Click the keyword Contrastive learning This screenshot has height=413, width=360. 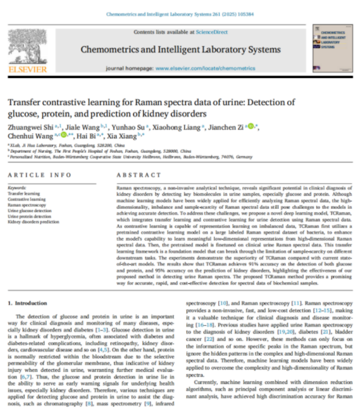coord(26,199)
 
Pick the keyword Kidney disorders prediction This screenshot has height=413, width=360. coord(33,221)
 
